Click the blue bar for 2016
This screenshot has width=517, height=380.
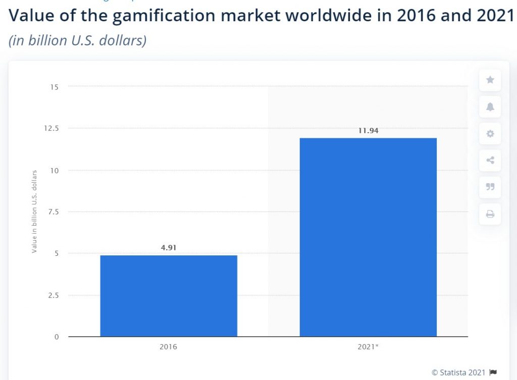(x=169, y=296)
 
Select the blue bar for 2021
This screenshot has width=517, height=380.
(x=368, y=237)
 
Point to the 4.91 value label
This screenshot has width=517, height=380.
(x=169, y=248)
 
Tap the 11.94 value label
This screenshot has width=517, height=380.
(x=368, y=131)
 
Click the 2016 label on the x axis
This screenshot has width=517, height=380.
(x=169, y=347)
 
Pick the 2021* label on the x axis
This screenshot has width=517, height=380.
(x=368, y=347)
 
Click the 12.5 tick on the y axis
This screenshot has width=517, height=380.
(x=52, y=128)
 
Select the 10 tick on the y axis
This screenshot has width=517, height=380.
(x=55, y=170)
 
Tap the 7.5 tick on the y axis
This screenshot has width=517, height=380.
(x=53, y=211)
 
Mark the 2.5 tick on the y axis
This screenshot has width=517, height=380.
(x=53, y=295)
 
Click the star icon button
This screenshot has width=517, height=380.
(x=490, y=80)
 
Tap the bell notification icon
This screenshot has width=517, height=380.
(x=490, y=106)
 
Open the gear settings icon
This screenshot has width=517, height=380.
(x=490, y=134)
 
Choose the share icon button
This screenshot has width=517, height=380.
(x=490, y=161)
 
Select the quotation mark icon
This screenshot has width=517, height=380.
(x=490, y=187)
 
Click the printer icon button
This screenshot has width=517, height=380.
(x=490, y=214)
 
